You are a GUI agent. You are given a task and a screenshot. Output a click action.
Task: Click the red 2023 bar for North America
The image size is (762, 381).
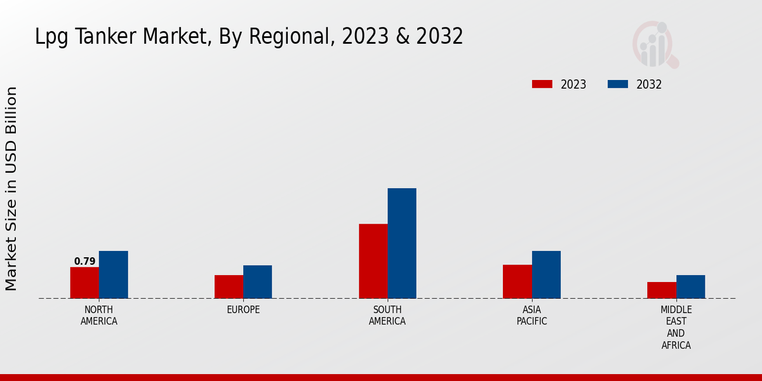[84, 283]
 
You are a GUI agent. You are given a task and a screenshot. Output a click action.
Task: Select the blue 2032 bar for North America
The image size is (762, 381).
[113, 274]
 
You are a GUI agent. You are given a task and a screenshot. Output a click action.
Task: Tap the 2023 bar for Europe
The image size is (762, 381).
[229, 286]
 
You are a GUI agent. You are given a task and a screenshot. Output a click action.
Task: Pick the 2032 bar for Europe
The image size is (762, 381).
[257, 282]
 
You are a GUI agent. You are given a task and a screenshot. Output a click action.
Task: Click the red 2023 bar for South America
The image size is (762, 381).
[373, 261]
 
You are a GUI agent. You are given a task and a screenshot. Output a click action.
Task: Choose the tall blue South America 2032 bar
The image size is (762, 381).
[402, 243]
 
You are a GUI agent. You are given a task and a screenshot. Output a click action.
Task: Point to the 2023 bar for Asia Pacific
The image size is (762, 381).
[517, 281]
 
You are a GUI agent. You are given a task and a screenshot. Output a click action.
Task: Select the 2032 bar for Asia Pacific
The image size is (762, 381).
[546, 274]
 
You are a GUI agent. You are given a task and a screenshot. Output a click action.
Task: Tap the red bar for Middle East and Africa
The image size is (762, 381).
[662, 290]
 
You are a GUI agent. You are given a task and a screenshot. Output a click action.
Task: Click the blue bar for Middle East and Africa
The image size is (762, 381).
[690, 286]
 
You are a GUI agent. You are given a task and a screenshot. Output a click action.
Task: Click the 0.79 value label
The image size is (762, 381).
[84, 261]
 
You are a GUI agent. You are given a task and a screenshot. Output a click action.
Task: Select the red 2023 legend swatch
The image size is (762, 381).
[542, 84]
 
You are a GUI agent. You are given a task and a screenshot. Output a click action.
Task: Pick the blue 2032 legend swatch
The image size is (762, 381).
[618, 84]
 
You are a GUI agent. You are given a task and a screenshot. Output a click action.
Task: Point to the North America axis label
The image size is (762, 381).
[99, 316]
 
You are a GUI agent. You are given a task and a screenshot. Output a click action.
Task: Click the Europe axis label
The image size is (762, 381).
[243, 310]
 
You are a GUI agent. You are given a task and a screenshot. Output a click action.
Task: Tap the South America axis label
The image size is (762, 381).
[387, 316]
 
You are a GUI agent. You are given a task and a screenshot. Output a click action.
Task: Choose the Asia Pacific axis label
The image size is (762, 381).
[531, 316]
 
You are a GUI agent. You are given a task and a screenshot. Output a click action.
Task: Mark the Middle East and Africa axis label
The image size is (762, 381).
[676, 328]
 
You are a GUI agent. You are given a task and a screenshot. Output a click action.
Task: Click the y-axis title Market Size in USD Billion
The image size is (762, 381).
[11, 189]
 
